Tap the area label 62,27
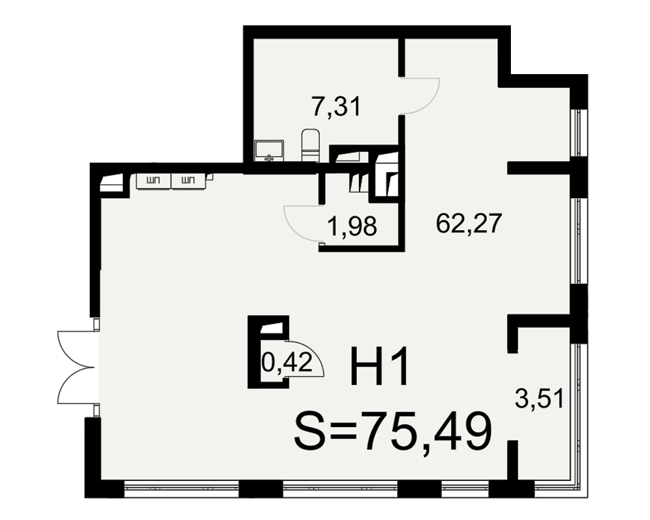[469, 223]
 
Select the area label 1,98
[352, 227]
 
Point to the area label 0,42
[287, 363]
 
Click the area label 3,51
[539, 399]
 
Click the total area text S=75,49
[393, 432]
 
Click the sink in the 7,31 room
[270, 151]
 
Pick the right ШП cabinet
[188, 181]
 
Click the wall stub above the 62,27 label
[539, 168]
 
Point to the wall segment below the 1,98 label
[361, 248]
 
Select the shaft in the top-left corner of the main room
[112, 184]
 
